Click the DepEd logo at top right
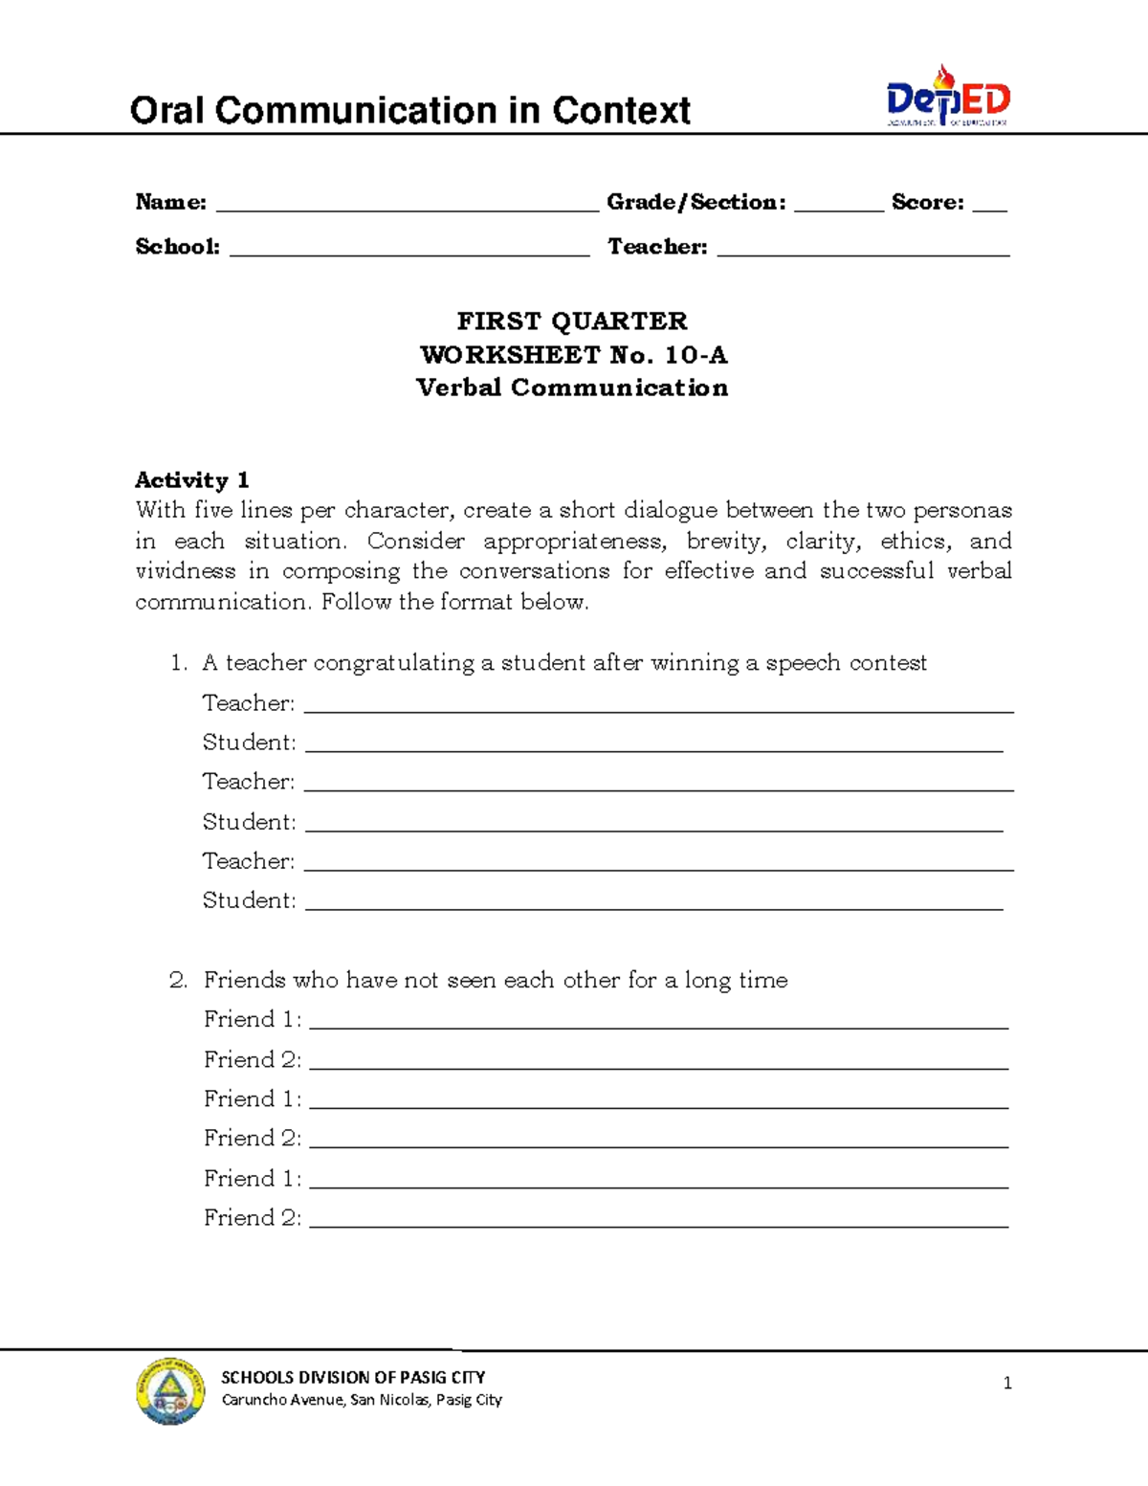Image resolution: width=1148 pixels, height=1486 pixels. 947,96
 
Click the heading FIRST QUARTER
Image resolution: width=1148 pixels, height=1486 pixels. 572,321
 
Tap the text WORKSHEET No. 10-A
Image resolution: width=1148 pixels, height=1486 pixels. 573,355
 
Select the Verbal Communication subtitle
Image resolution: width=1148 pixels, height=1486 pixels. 572,388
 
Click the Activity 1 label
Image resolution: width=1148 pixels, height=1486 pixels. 191,479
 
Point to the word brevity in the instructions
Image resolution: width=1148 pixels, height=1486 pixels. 725,541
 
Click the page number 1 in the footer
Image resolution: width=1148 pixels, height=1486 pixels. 1007,1383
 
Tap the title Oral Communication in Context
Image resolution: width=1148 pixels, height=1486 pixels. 409,110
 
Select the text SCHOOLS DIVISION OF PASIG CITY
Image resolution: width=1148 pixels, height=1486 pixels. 353,1377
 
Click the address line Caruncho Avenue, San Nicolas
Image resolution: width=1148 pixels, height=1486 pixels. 362,1400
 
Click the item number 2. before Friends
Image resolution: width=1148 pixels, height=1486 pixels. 178,980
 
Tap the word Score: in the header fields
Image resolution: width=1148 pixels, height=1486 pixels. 927,202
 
